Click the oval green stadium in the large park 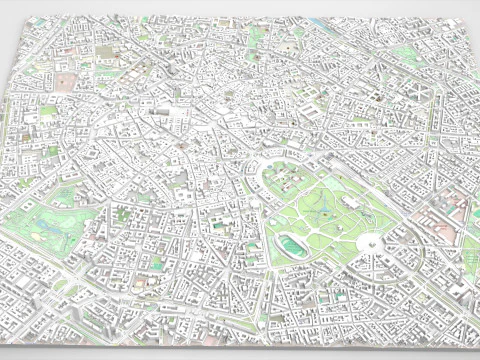coord(292,243)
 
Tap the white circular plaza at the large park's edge coord(370,243)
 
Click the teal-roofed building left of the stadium coord(219,227)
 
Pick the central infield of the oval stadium coord(292,243)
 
